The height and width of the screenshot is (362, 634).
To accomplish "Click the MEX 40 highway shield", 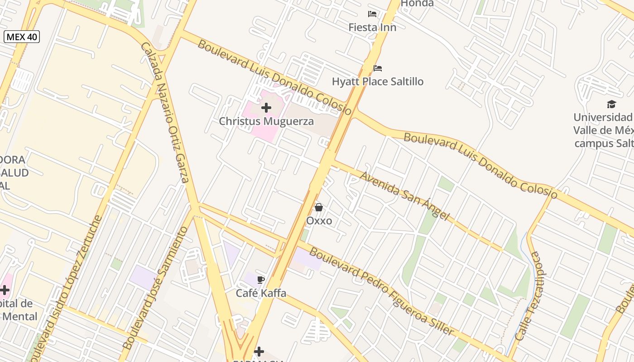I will click(x=22, y=37).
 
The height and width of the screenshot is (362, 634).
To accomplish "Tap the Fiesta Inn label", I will click(x=372, y=28).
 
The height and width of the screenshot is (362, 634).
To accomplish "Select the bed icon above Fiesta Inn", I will click(x=372, y=14).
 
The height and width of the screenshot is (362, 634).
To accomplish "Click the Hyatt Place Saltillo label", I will click(x=378, y=82).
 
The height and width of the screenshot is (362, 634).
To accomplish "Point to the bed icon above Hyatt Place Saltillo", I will click(x=378, y=68).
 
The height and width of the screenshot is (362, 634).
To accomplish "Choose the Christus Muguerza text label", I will click(x=266, y=121).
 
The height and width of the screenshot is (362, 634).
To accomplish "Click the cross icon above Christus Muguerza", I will click(x=266, y=108).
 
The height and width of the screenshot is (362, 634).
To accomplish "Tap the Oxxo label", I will click(x=319, y=221).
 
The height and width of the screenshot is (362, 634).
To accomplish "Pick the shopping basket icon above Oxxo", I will click(x=319, y=207).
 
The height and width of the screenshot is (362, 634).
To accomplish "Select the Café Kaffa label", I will click(x=261, y=293).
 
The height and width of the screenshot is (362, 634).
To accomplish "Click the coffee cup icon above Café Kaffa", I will click(x=260, y=280).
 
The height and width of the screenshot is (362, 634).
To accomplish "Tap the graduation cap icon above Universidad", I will click(x=611, y=105).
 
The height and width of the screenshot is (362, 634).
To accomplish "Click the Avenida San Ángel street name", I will click(x=404, y=195).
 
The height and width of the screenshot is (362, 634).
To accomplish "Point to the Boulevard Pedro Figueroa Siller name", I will click(x=381, y=292).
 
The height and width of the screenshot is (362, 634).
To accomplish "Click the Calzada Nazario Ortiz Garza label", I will click(x=165, y=112).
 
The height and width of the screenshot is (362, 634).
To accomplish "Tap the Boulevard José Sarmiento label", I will click(x=156, y=288).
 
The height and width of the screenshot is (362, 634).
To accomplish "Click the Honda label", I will click(x=417, y=4).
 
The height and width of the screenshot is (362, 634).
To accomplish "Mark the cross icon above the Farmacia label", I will click(x=259, y=351).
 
